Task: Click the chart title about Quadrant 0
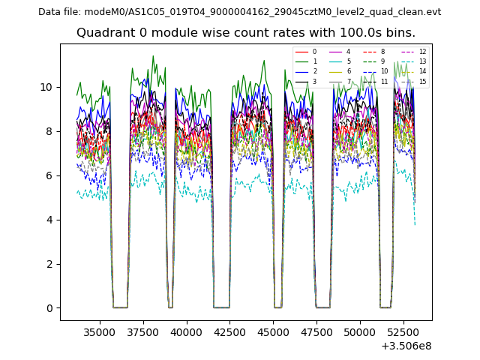[245, 33]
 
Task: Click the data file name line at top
[239, 12]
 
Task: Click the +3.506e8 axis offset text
[406, 346]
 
